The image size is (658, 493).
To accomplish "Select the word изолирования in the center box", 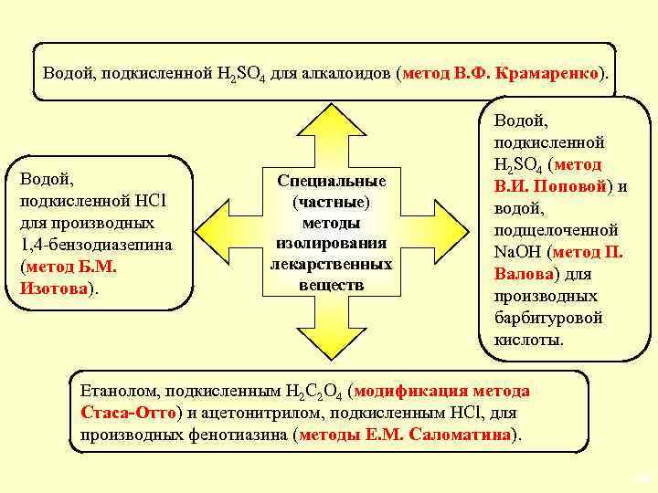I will (331, 244).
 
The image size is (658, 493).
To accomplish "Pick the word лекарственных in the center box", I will (331, 264).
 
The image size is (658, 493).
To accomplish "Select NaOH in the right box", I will (515, 252).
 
